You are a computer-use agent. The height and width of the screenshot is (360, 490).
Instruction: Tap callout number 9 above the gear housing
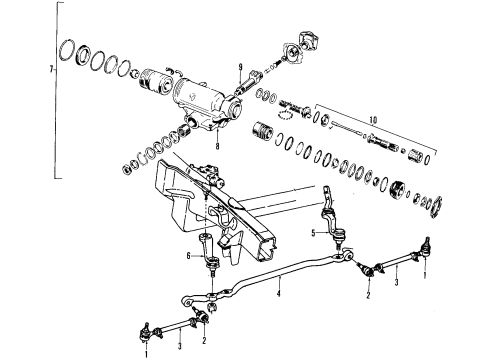point(241,69)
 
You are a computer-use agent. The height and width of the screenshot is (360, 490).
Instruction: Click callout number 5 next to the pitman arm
point(315,236)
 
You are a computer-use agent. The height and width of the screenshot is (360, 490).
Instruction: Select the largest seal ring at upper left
point(73,51)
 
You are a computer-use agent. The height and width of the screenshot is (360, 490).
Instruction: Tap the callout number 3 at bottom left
point(179,345)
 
